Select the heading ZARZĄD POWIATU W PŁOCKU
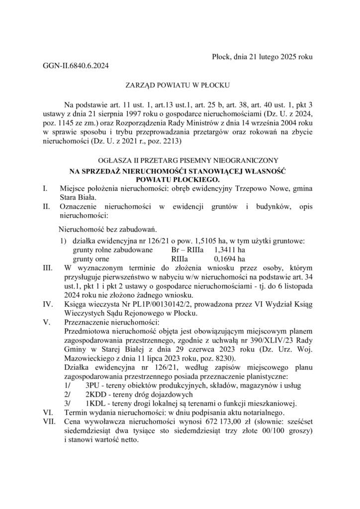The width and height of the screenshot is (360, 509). pos(180,85)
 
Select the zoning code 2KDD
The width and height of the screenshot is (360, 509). pos(94,395)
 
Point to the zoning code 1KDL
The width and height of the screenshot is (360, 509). pos(94,403)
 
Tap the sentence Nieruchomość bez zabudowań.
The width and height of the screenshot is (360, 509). pos(108,230)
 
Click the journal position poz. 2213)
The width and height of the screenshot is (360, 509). pos(165,142)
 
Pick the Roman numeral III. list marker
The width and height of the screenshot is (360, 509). pos(49,268)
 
